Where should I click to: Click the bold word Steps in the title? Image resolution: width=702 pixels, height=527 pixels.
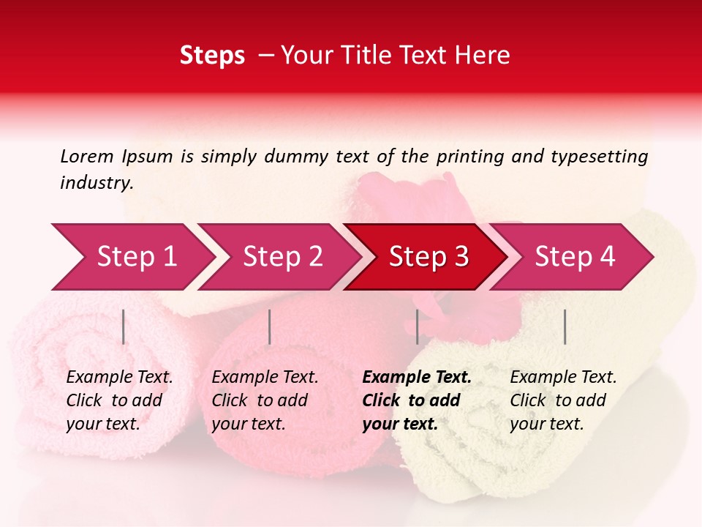(x=212, y=56)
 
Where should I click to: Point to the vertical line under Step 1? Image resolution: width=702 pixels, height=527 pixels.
(x=124, y=326)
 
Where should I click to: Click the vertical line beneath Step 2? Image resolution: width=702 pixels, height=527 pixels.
(x=270, y=326)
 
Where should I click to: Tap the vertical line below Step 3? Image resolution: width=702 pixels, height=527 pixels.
(x=417, y=326)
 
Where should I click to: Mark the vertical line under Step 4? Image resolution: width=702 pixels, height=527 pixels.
(x=565, y=326)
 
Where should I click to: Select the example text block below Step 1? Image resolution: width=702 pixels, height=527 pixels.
(x=119, y=400)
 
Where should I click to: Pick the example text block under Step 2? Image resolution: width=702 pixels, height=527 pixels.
(x=265, y=400)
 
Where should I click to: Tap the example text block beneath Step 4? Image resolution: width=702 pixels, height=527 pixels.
(x=563, y=400)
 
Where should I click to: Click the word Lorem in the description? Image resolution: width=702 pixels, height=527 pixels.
(x=86, y=156)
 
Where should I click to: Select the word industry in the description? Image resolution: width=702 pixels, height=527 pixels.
(x=95, y=183)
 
